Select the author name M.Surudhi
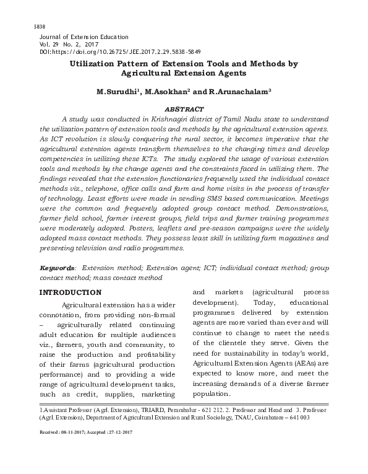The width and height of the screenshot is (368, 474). [x=118, y=92]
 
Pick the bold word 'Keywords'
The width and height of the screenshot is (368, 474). [x=57, y=269]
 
